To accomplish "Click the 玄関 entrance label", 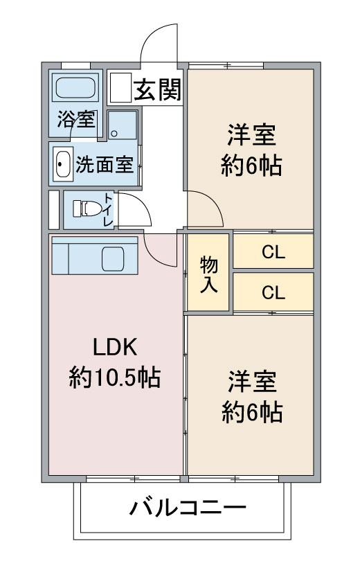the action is (x=158, y=89).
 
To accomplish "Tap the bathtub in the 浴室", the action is (x=75, y=87).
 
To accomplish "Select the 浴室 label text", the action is (x=77, y=119).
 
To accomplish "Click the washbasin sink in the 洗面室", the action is (x=63, y=163).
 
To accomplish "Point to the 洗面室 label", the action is (x=105, y=165).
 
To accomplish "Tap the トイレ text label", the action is (x=108, y=209).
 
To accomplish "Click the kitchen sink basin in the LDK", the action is (x=113, y=258).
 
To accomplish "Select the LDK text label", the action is (x=115, y=347).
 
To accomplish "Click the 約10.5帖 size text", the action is (x=115, y=377).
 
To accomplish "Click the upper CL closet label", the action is (x=273, y=253).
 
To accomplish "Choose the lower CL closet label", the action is (x=273, y=293).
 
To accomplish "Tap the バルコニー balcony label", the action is (x=188, y=508).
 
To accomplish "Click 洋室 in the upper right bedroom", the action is (x=252, y=135).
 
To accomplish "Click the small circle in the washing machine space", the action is (x=114, y=134).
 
